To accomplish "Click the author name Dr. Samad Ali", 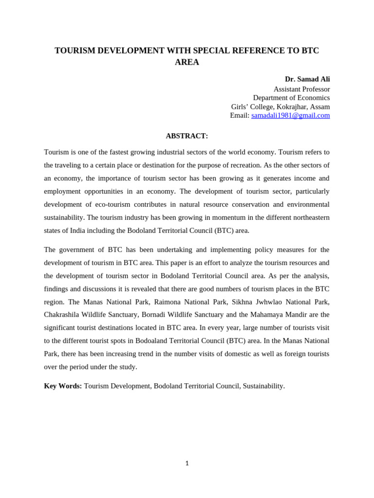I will point(307,79).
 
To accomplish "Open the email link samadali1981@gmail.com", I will point(290,115).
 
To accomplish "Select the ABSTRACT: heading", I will point(187,136).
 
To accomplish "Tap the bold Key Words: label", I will point(63,386).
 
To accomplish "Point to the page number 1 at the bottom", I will point(187,463).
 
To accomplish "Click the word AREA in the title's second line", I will point(187,62).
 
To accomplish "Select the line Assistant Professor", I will point(301,89).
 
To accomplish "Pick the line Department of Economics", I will point(291,98).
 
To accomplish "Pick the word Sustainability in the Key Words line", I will point(263,386).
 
